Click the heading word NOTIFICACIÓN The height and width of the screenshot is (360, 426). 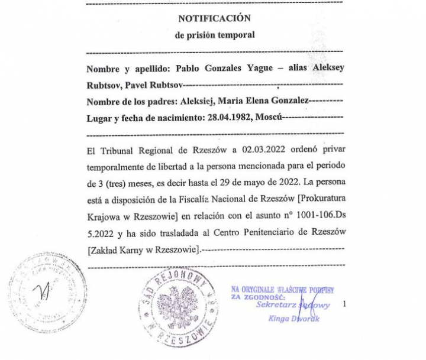click(215, 18)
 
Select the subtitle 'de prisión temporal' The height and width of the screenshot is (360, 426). click(215, 34)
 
